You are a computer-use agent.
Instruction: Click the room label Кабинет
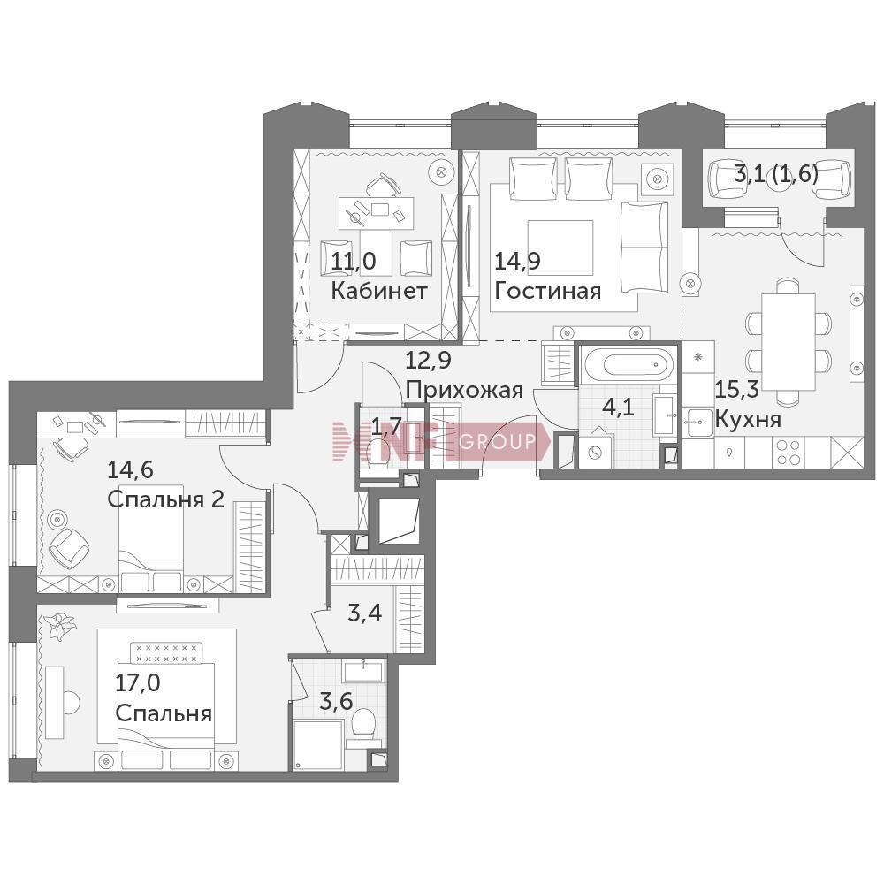pos(379,291)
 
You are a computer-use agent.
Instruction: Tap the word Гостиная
pos(547,291)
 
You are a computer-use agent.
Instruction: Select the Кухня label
pos(748,420)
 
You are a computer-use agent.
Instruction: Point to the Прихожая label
pos(464,390)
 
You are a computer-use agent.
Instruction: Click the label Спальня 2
pos(166,499)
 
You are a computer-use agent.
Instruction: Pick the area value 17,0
pos(138,683)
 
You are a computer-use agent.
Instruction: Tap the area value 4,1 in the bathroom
pos(619,407)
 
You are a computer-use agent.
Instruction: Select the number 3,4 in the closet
pos(365,613)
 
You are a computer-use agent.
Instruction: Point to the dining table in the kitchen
pos(789,341)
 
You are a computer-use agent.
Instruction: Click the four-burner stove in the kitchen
pos(789,452)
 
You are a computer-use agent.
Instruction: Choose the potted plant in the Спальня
pos(58,627)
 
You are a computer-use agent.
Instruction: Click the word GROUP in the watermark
pos(498,441)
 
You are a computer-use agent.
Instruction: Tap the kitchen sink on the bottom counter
pos(698,420)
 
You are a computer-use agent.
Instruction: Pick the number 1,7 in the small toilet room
pos(387,428)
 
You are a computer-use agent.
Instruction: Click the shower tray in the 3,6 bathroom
pos(318,744)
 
